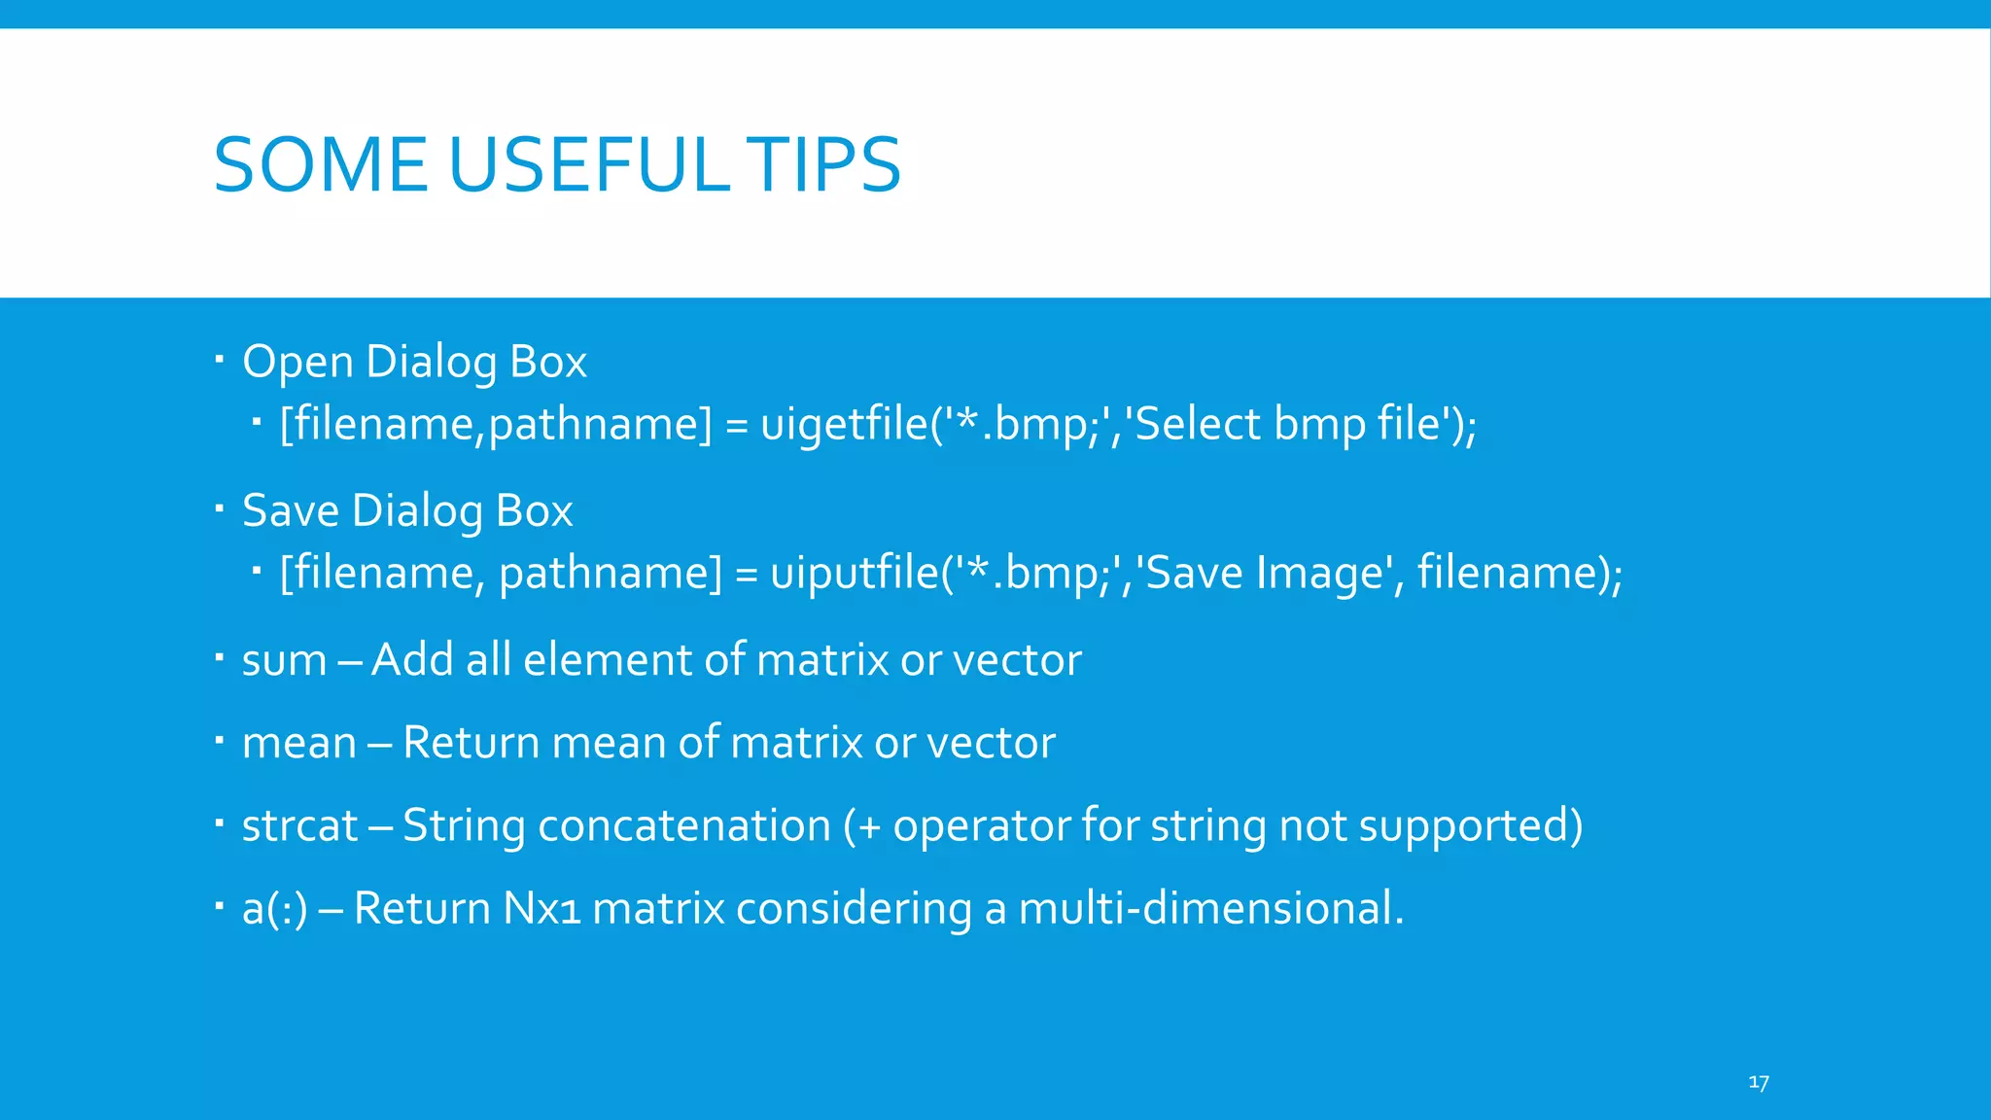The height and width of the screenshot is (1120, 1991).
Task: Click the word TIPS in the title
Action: point(824,164)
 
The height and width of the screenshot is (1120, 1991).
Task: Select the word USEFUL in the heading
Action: point(588,164)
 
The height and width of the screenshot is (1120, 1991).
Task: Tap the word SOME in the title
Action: point(320,164)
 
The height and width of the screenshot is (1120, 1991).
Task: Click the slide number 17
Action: point(1759,1082)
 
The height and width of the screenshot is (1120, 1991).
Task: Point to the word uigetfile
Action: point(845,424)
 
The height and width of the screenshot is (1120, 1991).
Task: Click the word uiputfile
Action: point(855,573)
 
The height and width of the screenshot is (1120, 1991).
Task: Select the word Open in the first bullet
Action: point(297,363)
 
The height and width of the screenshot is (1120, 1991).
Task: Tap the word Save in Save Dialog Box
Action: point(291,511)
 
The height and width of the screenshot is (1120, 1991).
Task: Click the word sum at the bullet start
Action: point(284,661)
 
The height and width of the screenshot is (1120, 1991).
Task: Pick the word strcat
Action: point(299,826)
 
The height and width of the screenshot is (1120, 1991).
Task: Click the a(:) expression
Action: point(274,909)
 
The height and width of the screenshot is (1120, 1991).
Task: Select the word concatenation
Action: point(684,826)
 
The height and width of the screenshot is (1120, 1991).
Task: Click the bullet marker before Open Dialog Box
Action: point(220,359)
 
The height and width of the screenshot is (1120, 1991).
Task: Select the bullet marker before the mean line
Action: point(220,741)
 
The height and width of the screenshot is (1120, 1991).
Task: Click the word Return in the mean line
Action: point(471,743)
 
